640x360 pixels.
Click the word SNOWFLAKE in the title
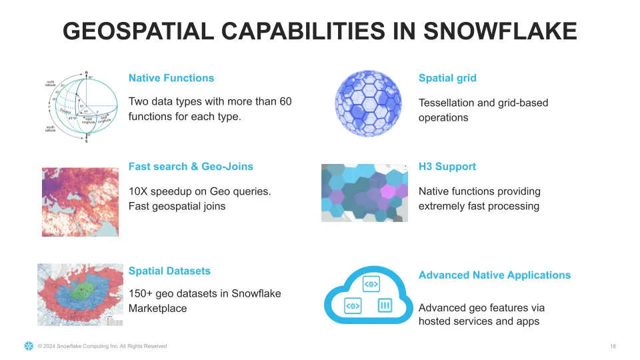(500, 31)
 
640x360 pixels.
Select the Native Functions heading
(171, 78)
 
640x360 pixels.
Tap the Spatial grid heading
(447, 78)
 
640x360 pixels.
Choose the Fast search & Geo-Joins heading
(191, 167)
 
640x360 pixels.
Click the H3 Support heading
(447, 167)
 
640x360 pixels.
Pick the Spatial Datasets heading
(169, 271)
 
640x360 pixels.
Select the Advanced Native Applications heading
(494, 275)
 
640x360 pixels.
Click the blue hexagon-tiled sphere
(369, 103)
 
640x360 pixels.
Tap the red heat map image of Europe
(80, 201)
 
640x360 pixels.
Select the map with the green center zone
(81, 294)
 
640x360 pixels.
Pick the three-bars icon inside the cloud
(385, 306)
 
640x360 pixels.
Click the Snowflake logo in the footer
(29, 346)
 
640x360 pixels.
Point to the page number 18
(613, 346)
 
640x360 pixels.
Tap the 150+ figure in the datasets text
(141, 294)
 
